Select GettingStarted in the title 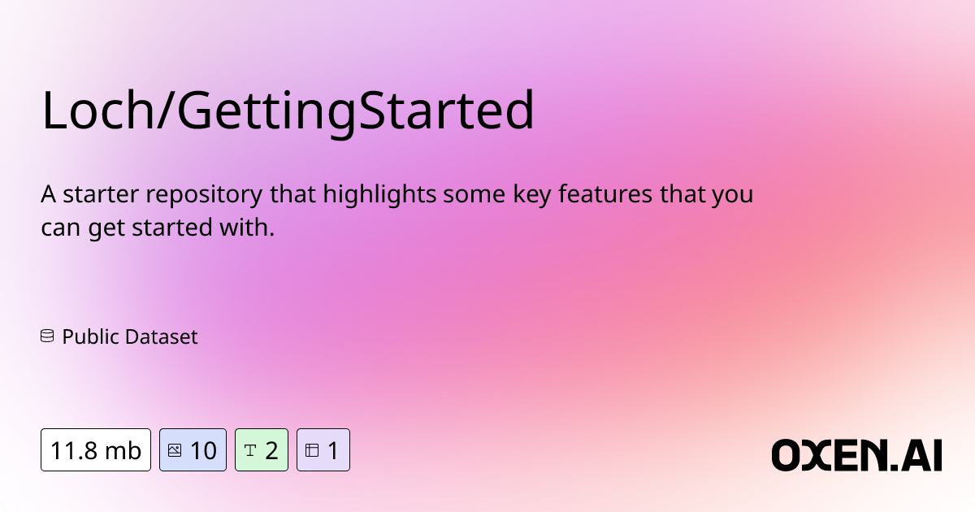click(356, 111)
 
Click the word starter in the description click(98, 196)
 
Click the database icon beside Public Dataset click(47, 336)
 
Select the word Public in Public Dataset click(88, 336)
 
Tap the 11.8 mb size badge click(96, 450)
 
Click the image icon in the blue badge click(175, 450)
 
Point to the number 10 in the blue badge click(203, 450)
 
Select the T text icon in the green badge click(250, 450)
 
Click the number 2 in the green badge click(271, 450)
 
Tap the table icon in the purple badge click(312, 450)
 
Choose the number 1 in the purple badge click(333, 450)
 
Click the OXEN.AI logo click(856, 454)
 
